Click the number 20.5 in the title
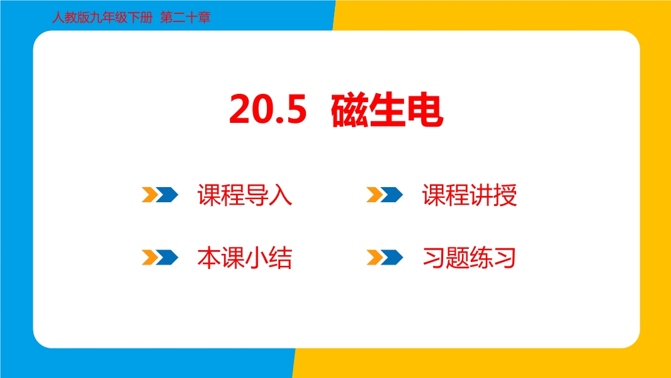pos(268,110)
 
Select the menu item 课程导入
pos(245,195)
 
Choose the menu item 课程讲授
pos(470,195)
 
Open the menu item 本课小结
pos(245,258)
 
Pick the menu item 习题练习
pos(469,258)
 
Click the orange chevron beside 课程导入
pos(149,195)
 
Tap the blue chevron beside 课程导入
pos(167,195)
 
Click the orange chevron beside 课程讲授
pos(374,195)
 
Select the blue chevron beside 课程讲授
pos(392,195)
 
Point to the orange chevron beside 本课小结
pos(149,257)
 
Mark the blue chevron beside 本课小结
pos(167,257)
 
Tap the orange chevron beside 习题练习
pos(374,257)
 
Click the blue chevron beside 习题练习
pos(392,257)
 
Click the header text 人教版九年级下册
pos(102,18)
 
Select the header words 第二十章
pos(185,18)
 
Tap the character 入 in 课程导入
pos(281,195)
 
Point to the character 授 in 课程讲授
pos(505,195)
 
